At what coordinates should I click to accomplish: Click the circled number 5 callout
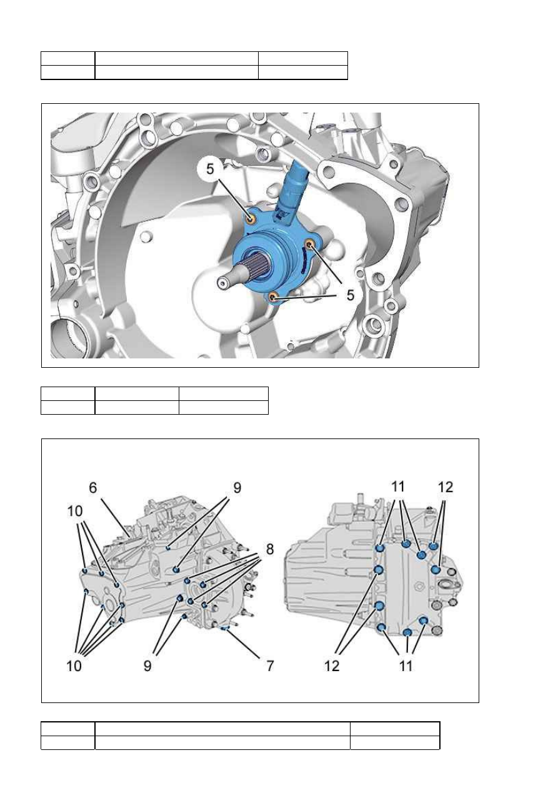210,169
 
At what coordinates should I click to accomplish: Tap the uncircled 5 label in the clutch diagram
350,295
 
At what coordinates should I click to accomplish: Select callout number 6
93,488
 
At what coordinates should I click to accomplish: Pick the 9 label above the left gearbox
237,488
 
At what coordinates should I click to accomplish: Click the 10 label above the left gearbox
75,511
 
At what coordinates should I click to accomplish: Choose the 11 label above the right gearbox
398,487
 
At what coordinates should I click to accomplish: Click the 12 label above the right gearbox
446,487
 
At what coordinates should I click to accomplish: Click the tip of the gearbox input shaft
221,283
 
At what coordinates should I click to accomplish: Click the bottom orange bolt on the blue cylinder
273,297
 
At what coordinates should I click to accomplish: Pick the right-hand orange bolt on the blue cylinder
310,244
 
